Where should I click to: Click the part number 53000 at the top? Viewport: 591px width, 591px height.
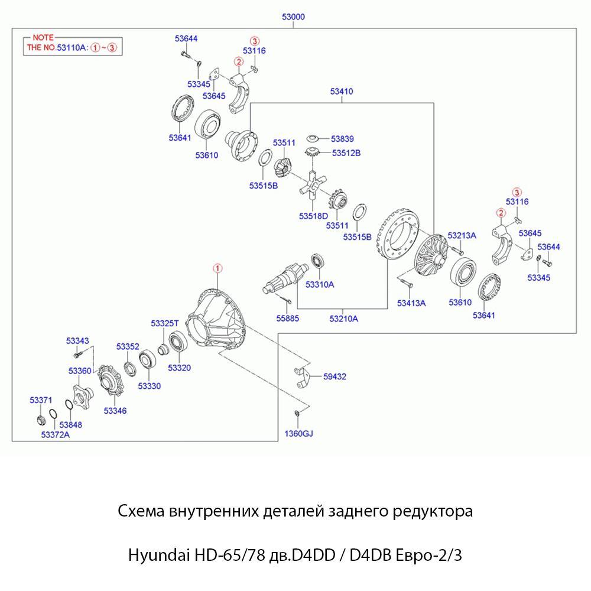coord(293,17)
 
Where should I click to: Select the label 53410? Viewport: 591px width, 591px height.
coord(342,92)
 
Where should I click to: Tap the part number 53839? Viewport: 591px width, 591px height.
coord(342,139)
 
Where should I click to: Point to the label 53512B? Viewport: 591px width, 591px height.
coord(346,153)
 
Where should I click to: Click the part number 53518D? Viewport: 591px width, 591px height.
coord(313,216)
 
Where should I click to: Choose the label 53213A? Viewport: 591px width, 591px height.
coord(462,235)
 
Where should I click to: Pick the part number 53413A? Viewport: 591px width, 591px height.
coord(411,303)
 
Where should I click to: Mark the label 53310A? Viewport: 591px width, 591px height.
coord(320,284)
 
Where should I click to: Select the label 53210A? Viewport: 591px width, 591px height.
coord(343,319)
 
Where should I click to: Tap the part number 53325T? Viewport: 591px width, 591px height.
coord(164,323)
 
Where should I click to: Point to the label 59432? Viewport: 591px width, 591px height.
coord(335,376)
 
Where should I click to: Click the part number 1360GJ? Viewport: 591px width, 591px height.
coord(298,434)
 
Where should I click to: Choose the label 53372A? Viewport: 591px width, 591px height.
coord(56,435)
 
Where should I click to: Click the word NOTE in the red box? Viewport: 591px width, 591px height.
coord(43,37)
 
